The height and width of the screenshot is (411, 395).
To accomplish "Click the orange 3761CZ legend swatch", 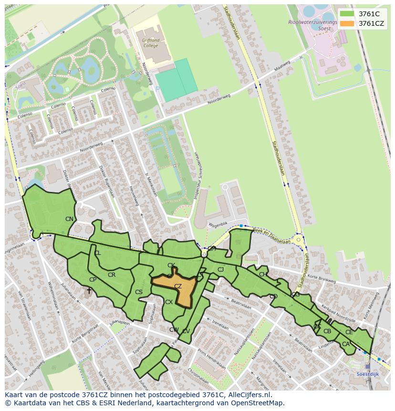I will pos(347,23).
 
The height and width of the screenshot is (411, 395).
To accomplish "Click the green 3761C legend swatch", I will pos(347,14).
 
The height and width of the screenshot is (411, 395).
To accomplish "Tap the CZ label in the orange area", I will pos(178,286).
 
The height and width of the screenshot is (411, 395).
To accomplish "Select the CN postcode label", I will pos(70,219).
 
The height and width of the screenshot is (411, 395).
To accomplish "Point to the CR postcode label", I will pos(112,275).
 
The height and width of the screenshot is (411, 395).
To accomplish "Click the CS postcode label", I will pos(139,292).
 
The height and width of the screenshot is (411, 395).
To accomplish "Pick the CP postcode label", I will pos(93,280).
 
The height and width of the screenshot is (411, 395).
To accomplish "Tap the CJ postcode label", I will pos(220,270).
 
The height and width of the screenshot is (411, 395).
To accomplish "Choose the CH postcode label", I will pos(263,274).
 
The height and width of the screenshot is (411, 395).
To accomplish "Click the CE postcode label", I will pos(349,332).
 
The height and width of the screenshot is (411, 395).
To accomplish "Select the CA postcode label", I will pos(345,344).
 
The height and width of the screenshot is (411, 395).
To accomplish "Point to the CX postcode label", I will pos(169,302).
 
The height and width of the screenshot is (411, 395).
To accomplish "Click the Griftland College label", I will pos(151,43).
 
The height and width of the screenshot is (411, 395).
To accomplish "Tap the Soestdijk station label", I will pos(367,374).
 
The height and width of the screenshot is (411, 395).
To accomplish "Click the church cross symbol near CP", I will pos(89,290).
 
